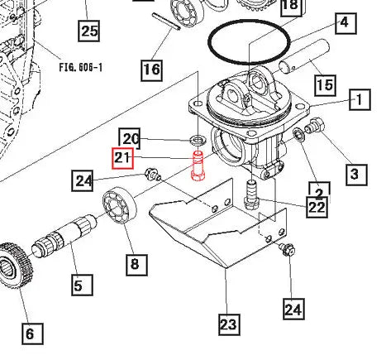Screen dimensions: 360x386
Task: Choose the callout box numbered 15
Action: [x=324, y=84]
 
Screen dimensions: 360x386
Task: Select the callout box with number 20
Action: [x=131, y=137]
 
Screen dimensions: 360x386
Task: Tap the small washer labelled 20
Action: [x=198, y=137]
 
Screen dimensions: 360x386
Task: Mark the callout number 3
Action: [x=354, y=173]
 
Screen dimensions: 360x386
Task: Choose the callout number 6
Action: [x=29, y=334]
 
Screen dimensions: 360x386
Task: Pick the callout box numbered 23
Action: [x=227, y=323]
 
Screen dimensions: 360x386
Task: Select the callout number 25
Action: [x=88, y=31]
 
